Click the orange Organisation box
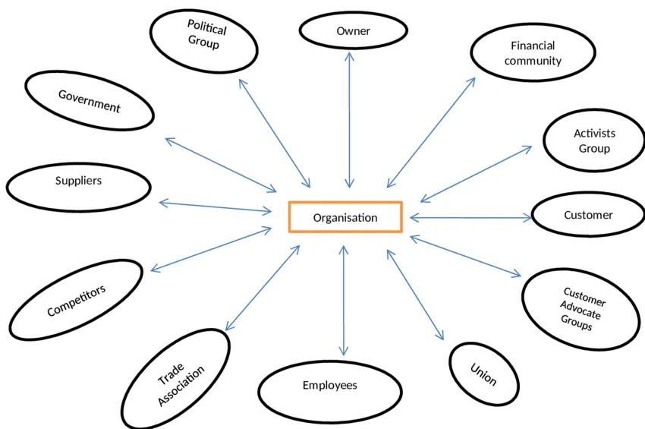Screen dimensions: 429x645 (x=345, y=217)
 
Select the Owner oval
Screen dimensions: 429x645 (x=353, y=31)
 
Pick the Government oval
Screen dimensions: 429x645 (x=90, y=100)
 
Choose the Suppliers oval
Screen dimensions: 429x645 (x=78, y=181)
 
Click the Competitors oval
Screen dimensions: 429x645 (x=76, y=300)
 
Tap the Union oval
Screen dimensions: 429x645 (x=483, y=374)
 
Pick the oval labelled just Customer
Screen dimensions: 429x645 (x=587, y=215)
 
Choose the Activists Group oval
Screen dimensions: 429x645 (x=594, y=140)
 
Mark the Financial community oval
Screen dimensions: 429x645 (x=533, y=53)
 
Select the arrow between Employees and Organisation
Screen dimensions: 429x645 (x=344, y=301)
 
